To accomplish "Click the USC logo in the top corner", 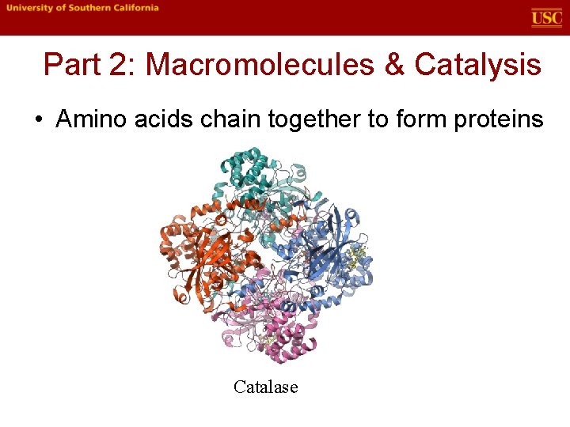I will tap(546, 17).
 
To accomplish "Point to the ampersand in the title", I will tap(393, 65).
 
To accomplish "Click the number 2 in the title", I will tap(120, 65).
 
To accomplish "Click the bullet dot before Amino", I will tap(38, 120).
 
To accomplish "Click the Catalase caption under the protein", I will tap(266, 387).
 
